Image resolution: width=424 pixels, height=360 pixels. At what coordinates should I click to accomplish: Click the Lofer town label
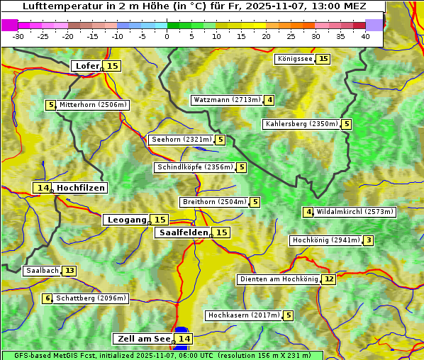87,66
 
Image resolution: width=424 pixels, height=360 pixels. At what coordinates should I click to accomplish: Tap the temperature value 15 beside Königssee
323,59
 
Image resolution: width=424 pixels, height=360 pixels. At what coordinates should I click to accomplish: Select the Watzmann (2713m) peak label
227,100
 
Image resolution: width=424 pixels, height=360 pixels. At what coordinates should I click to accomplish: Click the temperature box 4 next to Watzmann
269,100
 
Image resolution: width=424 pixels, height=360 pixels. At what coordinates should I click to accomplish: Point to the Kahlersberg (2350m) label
301,124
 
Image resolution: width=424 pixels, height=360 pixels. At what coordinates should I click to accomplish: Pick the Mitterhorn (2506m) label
93,105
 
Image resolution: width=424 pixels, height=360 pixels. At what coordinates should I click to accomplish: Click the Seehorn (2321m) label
182,140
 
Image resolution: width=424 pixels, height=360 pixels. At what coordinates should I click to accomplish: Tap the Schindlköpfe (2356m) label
194,167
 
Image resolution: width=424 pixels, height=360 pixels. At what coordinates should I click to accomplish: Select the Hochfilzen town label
81,188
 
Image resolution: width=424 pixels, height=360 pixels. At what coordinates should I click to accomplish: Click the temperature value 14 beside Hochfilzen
43,188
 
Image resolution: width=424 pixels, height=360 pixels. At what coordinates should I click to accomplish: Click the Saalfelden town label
183,232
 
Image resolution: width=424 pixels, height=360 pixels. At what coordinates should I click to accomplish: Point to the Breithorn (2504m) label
214,202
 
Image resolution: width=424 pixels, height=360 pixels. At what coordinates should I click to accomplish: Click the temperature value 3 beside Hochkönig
368,240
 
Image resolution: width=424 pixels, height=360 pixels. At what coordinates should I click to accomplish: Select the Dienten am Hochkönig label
278,279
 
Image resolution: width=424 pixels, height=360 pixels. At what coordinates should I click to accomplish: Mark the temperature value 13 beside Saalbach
69,271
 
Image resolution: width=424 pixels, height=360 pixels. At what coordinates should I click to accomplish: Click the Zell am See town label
143,339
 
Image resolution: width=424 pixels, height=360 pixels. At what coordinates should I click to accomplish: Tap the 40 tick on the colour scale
365,36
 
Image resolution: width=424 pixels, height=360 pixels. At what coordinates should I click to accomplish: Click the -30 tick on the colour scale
18,36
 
